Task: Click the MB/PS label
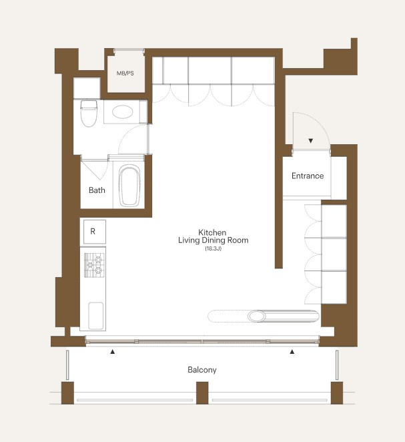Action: (x=125, y=73)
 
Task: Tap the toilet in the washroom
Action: (x=89, y=114)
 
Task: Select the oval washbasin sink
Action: (x=123, y=112)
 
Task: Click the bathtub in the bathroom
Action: (x=129, y=186)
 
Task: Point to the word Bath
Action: (x=97, y=190)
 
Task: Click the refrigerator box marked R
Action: (x=95, y=232)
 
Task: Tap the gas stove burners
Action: (x=94, y=265)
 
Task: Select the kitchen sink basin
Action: (x=96, y=316)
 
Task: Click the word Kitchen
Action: (x=212, y=232)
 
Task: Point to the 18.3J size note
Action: (x=214, y=248)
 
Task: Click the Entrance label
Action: (x=308, y=176)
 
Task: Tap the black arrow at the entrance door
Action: (x=311, y=141)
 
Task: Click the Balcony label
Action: (x=202, y=370)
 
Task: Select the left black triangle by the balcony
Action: (x=113, y=352)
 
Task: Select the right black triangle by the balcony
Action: (x=292, y=352)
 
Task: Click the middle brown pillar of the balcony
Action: (x=202, y=393)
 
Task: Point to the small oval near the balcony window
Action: (x=257, y=316)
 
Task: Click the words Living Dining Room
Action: (x=214, y=240)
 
